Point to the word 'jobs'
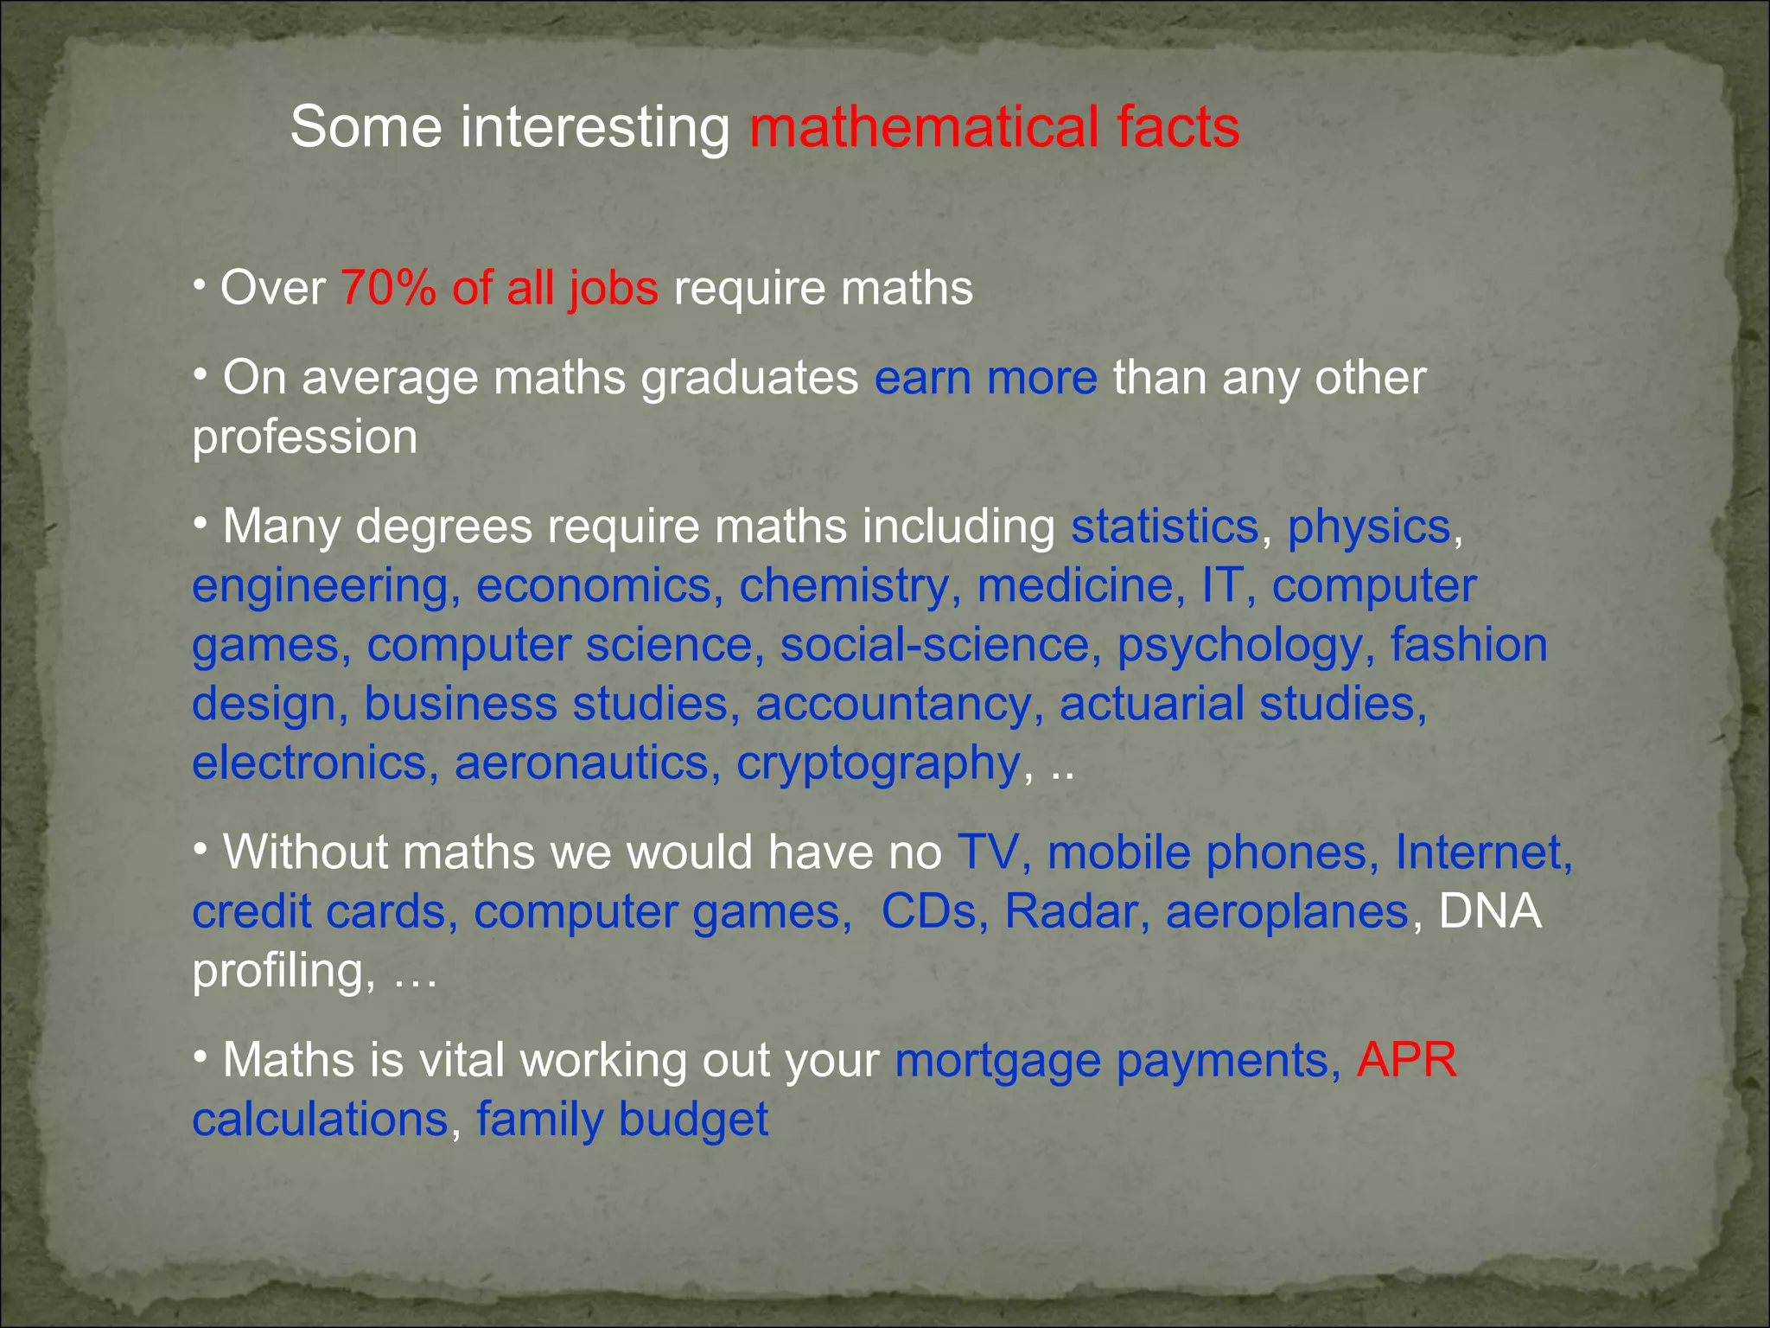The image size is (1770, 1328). tap(613, 289)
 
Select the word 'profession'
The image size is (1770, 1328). tap(304, 437)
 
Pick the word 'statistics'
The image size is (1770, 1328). tap(1164, 527)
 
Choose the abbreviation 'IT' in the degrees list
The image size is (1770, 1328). tap(1222, 585)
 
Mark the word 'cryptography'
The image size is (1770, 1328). tap(878, 764)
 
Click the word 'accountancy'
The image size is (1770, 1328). tap(894, 705)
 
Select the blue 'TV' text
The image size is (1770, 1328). tap(988, 852)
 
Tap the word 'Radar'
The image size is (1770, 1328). tap(1070, 911)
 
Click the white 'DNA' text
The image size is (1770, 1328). tap(1489, 911)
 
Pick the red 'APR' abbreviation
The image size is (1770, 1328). tap(1406, 1060)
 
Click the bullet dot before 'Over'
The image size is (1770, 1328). tap(199, 284)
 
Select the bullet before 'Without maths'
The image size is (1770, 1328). tap(201, 850)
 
